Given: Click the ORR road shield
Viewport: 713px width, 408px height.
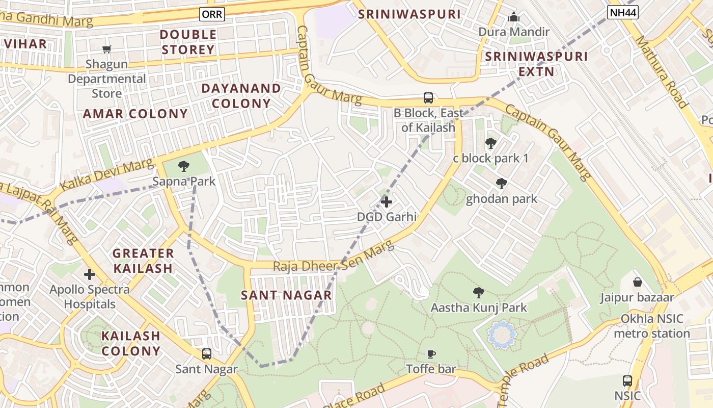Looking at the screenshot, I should click(x=212, y=14).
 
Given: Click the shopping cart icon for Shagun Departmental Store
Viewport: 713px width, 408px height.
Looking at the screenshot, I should click(x=107, y=49).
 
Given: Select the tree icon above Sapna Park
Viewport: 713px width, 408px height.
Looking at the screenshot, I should click(x=184, y=166).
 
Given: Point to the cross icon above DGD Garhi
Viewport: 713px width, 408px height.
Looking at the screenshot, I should click(x=387, y=202).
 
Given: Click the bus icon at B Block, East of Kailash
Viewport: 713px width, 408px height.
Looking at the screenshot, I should click(x=428, y=97).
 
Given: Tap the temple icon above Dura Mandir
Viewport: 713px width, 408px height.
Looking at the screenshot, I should click(x=514, y=17).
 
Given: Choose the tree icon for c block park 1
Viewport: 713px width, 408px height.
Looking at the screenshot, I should click(x=491, y=143).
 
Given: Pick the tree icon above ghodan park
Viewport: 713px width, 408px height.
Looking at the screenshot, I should click(x=502, y=184).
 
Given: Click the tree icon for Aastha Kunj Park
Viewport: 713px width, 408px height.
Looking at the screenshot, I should click(x=478, y=293).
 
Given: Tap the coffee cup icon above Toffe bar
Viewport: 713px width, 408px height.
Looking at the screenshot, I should click(x=431, y=354).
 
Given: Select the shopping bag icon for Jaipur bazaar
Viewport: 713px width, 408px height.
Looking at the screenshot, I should click(x=637, y=282).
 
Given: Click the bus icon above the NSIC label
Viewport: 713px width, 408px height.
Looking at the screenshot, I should click(x=627, y=381).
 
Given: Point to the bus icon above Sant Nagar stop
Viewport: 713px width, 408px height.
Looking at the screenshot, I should click(x=207, y=354).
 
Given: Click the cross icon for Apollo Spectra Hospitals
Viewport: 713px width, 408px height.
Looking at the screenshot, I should click(x=90, y=275).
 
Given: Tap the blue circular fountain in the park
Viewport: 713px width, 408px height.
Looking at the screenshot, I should click(x=502, y=335).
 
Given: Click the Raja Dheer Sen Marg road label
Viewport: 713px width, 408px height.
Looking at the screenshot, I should click(x=334, y=259).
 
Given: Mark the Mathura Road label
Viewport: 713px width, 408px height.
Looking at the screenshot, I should click(x=661, y=72).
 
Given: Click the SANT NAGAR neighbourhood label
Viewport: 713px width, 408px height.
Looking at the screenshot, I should click(x=286, y=295).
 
